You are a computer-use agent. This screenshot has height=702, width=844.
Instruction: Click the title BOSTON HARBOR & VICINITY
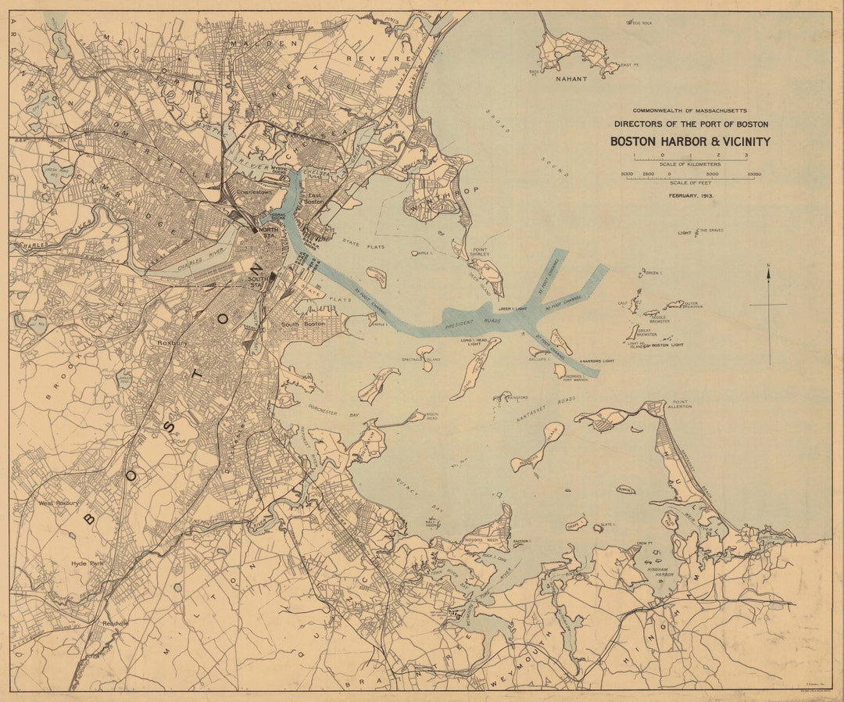[x=690, y=141]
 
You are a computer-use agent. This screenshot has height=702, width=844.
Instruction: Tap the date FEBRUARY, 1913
[x=690, y=195]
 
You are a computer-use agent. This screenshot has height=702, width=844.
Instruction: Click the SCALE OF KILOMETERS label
[x=690, y=164]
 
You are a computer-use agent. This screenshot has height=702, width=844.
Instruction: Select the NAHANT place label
[x=570, y=79]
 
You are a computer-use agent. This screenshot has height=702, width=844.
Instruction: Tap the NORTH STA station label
[x=268, y=232]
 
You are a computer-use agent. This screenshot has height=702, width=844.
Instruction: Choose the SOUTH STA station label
[x=256, y=281]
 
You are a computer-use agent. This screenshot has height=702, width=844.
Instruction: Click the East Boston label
[x=314, y=199]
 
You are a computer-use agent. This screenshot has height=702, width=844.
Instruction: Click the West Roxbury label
[x=59, y=503]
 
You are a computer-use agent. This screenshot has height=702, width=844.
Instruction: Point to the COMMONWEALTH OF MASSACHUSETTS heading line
[x=690, y=111]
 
